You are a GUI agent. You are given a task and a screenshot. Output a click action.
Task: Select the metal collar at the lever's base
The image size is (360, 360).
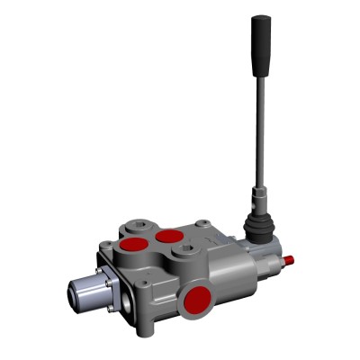258,196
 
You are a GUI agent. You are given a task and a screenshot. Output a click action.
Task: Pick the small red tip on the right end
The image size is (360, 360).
290,262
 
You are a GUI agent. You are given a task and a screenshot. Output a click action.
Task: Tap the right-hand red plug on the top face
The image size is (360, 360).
168,237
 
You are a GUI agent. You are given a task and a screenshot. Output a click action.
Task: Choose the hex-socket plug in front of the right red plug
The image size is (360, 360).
185,253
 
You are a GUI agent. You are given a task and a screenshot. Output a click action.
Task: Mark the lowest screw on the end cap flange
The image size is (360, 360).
111,311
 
